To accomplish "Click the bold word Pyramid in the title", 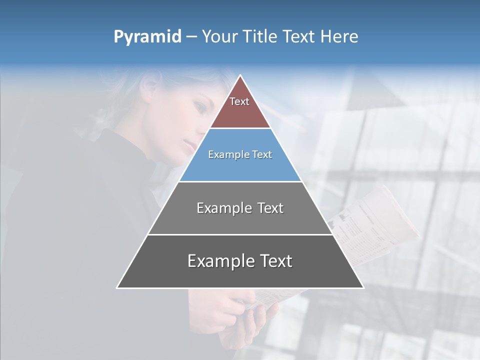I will point(147,37).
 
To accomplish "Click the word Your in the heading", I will point(220,37).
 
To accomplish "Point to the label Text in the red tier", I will point(239,101).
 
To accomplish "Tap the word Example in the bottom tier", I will point(219,261).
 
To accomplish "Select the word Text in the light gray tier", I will point(267,208).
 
